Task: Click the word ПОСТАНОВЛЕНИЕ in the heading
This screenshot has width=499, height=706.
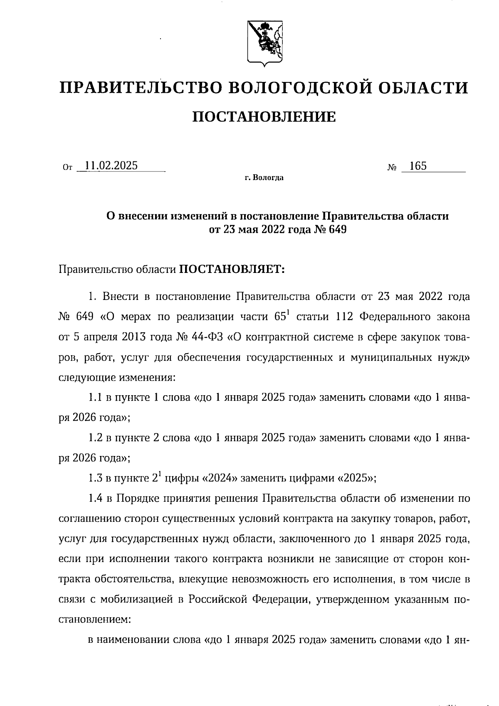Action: tap(264, 117)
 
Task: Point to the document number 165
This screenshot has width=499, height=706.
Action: tap(417, 166)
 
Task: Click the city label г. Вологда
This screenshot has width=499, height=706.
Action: tap(264, 178)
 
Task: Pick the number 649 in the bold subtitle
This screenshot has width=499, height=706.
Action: tap(337, 229)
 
